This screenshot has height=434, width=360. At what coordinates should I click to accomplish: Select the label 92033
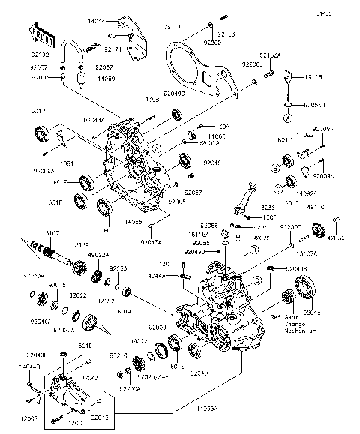point(118,268)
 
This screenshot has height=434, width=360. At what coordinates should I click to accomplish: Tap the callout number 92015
point(57,286)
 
